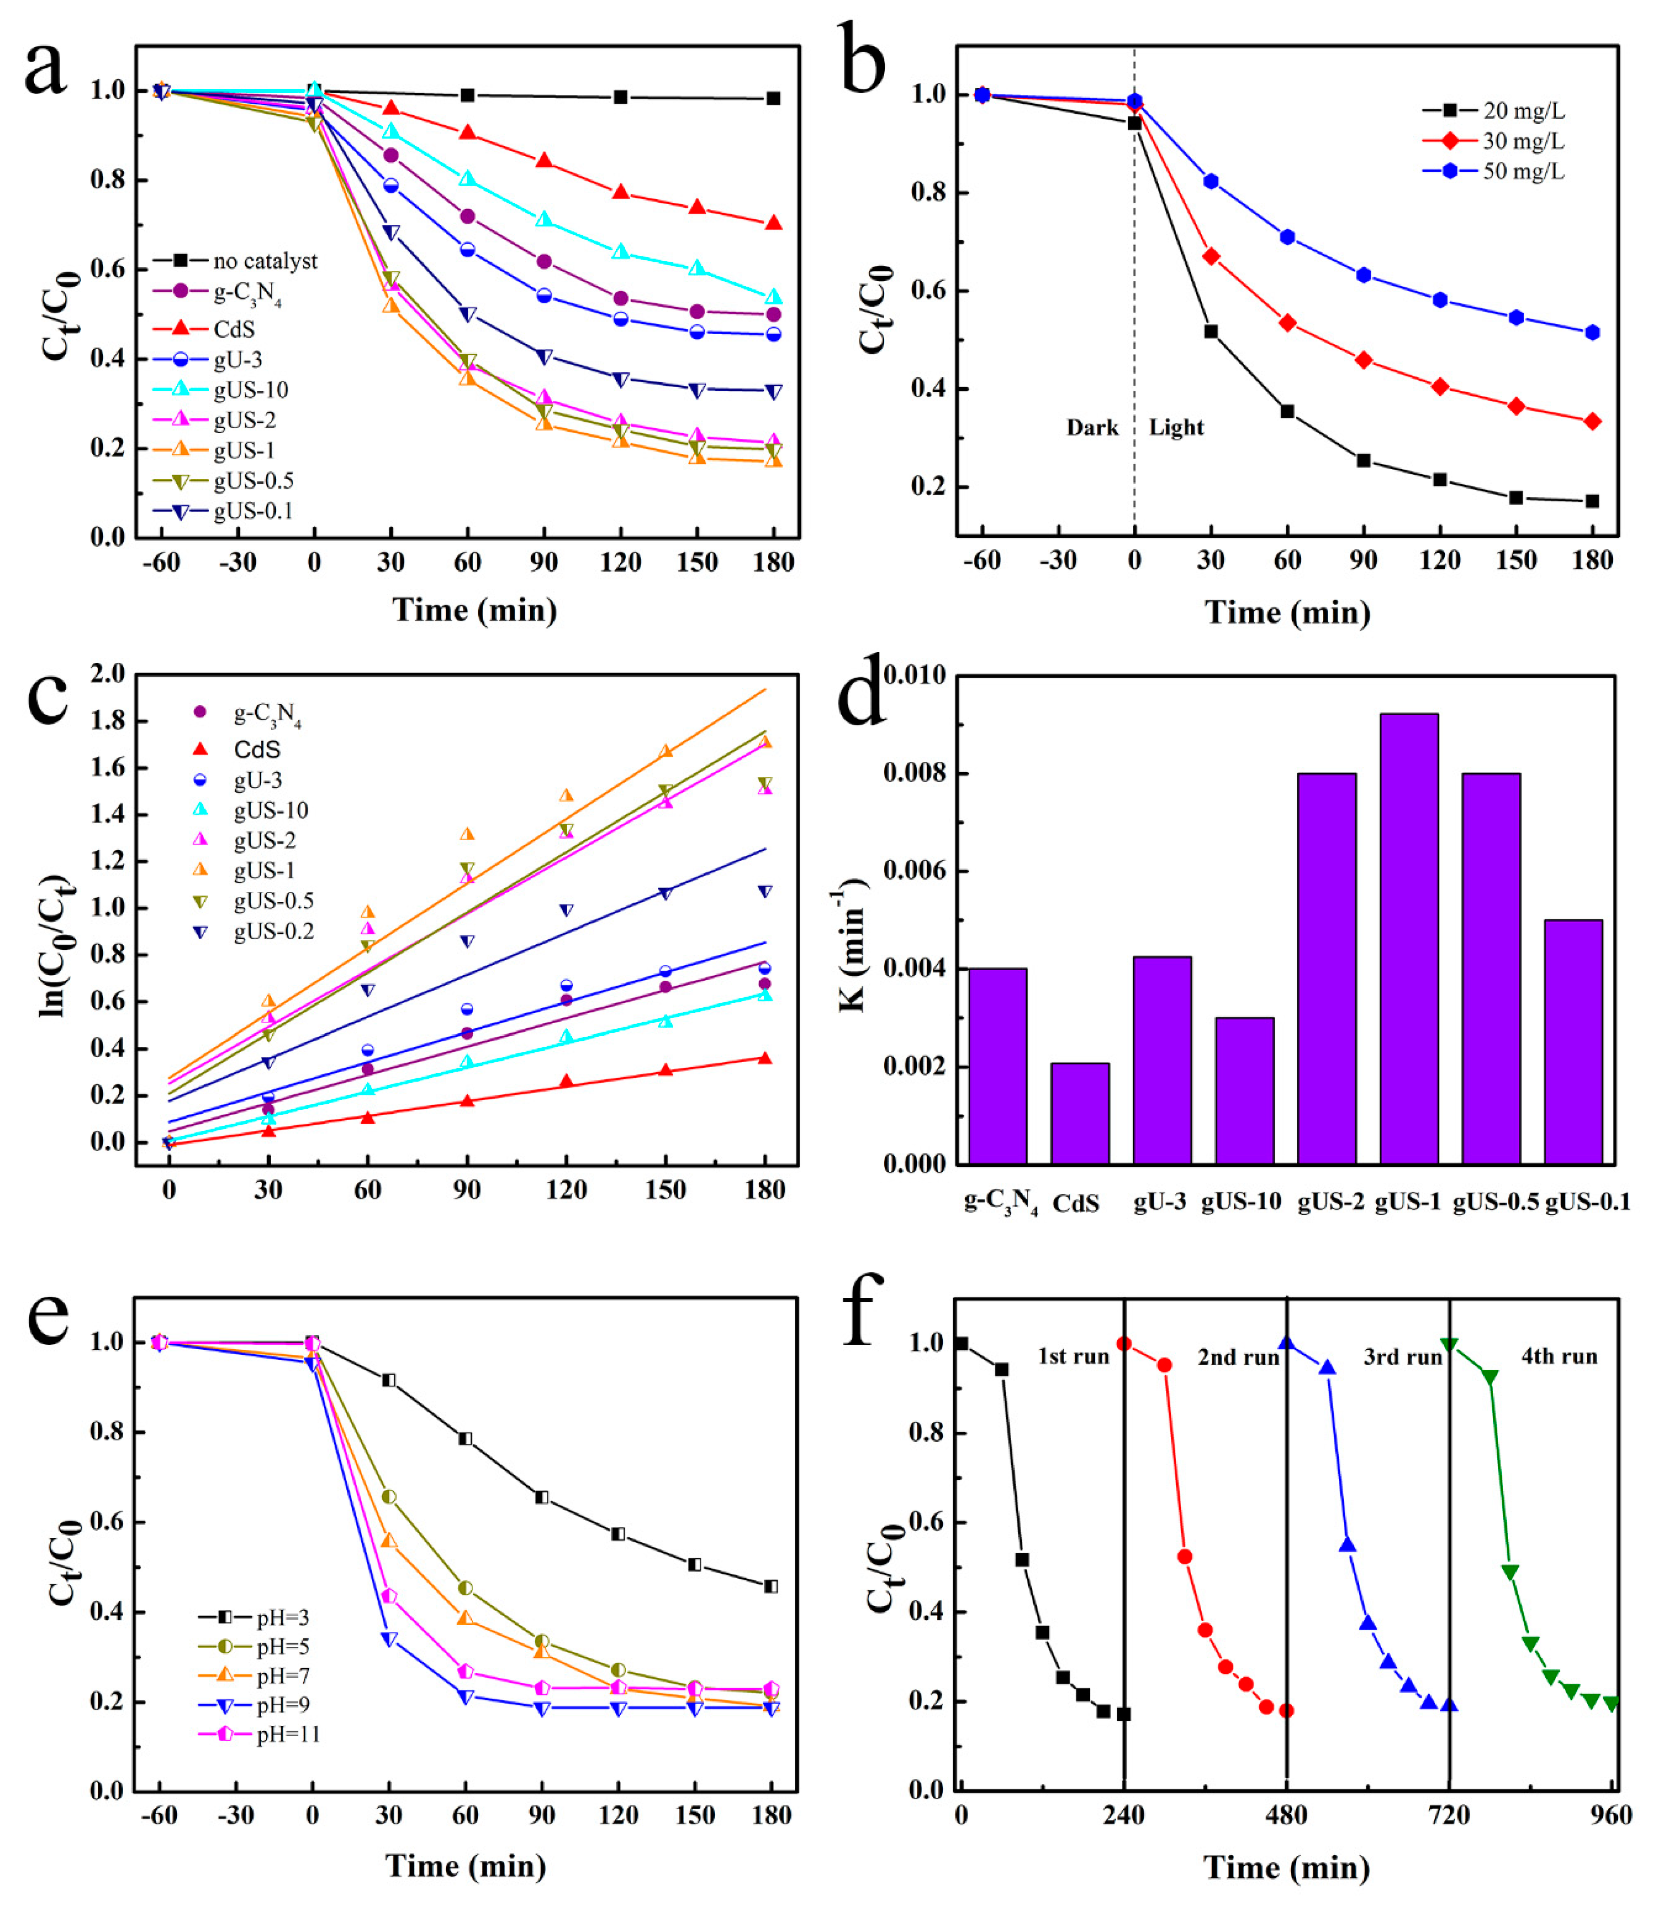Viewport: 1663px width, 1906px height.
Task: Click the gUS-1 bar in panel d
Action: tap(1409, 938)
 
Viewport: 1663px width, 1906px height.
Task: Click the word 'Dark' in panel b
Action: tap(1091, 428)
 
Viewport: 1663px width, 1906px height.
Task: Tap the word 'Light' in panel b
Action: tap(1176, 428)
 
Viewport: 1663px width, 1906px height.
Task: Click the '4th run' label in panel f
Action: tap(1559, 1357)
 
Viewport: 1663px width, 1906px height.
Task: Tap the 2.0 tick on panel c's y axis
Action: tap(108, 674)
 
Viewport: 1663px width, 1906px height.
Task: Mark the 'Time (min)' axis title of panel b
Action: tap(1287, 613)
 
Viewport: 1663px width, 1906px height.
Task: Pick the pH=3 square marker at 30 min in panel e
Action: tap(389, 1381)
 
